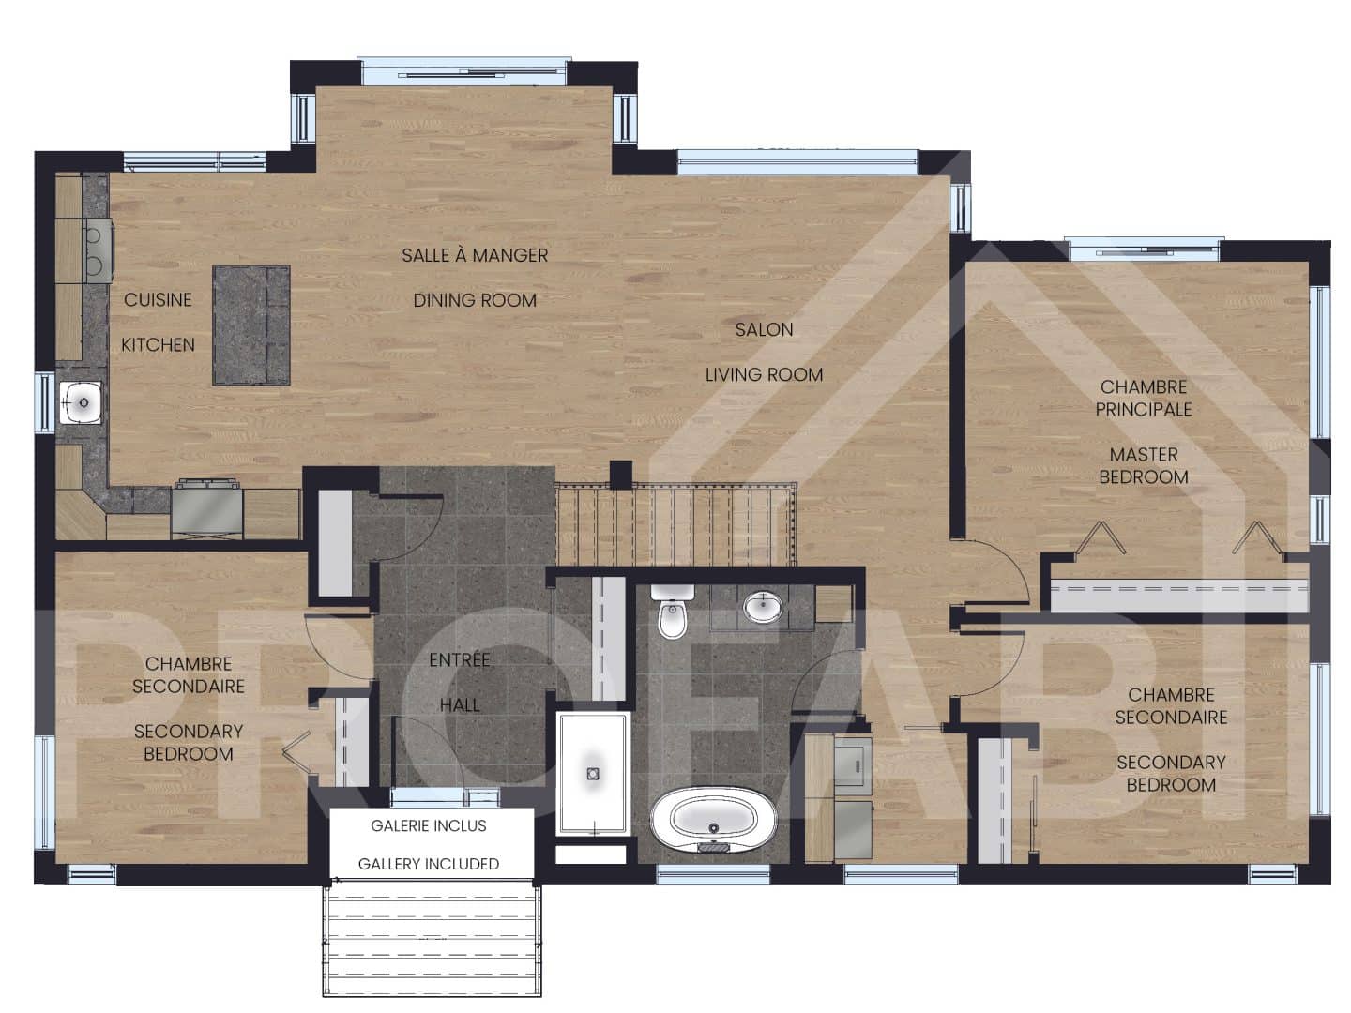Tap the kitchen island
[250, 325]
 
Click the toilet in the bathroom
[672, 613]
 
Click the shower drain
[592, 774]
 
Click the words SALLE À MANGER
[475, 255]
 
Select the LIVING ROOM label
[764, 374]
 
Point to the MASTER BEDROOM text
[1143, 465]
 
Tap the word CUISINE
[158, 300]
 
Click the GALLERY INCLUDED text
[429, 864]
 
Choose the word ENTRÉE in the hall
[460, 660]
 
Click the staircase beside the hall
[675, 523]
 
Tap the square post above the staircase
[620, 474]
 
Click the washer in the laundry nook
[853, 763]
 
